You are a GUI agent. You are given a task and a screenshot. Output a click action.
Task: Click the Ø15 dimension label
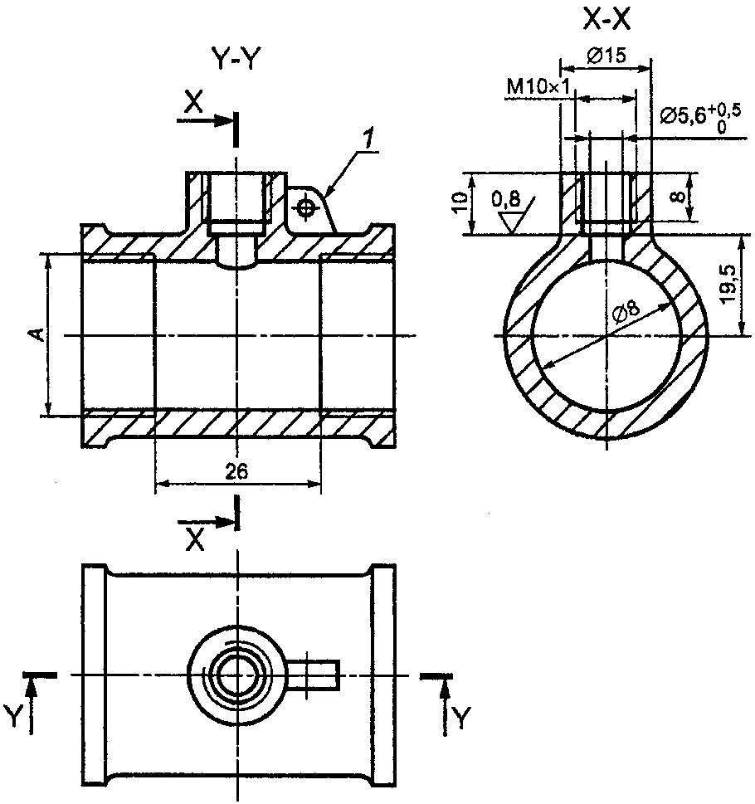[x=606, y=56]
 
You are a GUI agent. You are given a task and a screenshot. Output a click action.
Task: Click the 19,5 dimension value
[x=729, y=285]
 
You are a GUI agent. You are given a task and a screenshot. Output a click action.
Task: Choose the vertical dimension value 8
[x=678, y=197]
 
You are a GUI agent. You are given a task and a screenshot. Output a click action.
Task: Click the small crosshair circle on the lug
[x=307, y=207]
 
